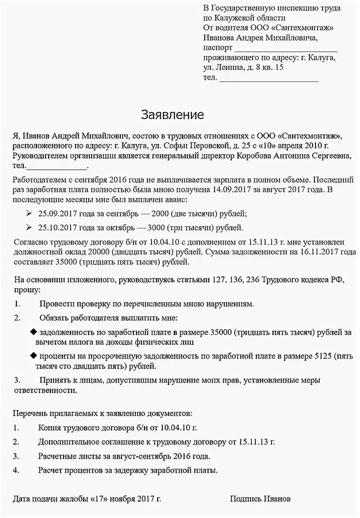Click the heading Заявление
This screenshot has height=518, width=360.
coord(173,115)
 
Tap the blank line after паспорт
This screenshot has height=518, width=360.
coord(286,49)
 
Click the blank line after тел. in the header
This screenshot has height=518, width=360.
coord(269,79)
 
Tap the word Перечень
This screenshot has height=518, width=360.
coord(29,414)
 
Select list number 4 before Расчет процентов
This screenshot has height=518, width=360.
coord(16,470)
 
